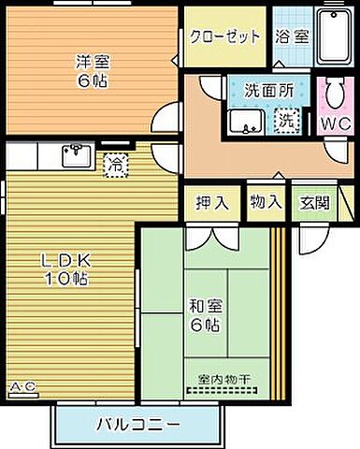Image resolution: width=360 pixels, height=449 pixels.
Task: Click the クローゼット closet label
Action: (224, 37)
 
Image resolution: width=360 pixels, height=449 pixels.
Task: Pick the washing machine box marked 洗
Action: (286, 121)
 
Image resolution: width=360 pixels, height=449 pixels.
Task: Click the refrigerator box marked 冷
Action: (114, 163)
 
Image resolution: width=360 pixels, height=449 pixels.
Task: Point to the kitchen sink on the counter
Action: (77, 155)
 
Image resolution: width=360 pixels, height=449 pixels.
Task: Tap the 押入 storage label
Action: (211, 203)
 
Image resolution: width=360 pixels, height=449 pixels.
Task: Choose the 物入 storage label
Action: (266, 203)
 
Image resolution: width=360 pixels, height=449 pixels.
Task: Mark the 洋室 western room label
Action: (92, 62)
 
